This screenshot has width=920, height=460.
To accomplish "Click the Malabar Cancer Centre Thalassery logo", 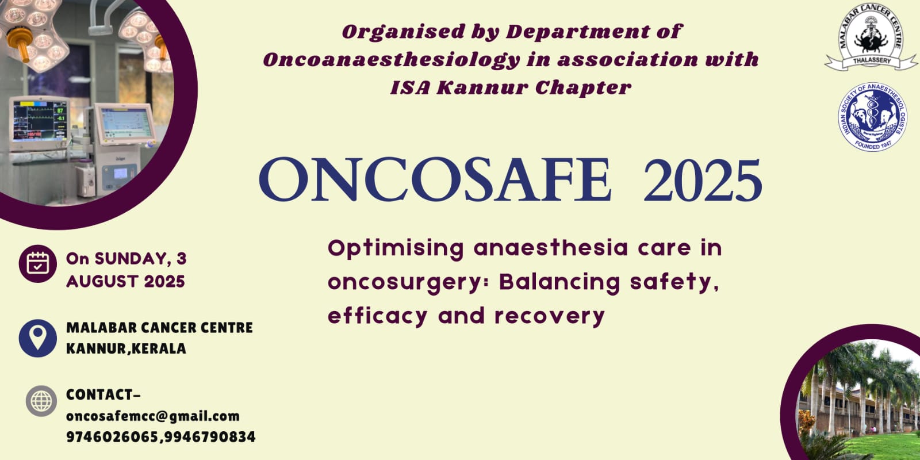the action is pos(871,37).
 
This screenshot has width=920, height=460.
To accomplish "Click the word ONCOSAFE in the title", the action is pos(435,180).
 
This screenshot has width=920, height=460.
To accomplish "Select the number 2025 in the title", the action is pos(703,181).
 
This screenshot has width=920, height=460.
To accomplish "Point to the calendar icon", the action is pos(38,264).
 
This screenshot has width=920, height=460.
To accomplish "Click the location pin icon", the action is pos(38,339).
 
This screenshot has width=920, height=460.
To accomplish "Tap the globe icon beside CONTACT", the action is pos(41,401).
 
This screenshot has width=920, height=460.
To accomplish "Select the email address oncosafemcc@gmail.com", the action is pos(153,416).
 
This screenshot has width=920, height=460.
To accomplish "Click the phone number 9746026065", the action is pos(112,437).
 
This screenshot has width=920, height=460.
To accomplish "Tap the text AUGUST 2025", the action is pos(126,282).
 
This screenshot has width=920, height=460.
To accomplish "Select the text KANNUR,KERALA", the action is pos(126,348).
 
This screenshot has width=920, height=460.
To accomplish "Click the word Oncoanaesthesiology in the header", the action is pos(392,60).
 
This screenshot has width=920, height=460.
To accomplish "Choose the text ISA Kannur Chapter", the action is pos(511,87).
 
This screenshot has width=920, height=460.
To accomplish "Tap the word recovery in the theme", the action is pos(550,317).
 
